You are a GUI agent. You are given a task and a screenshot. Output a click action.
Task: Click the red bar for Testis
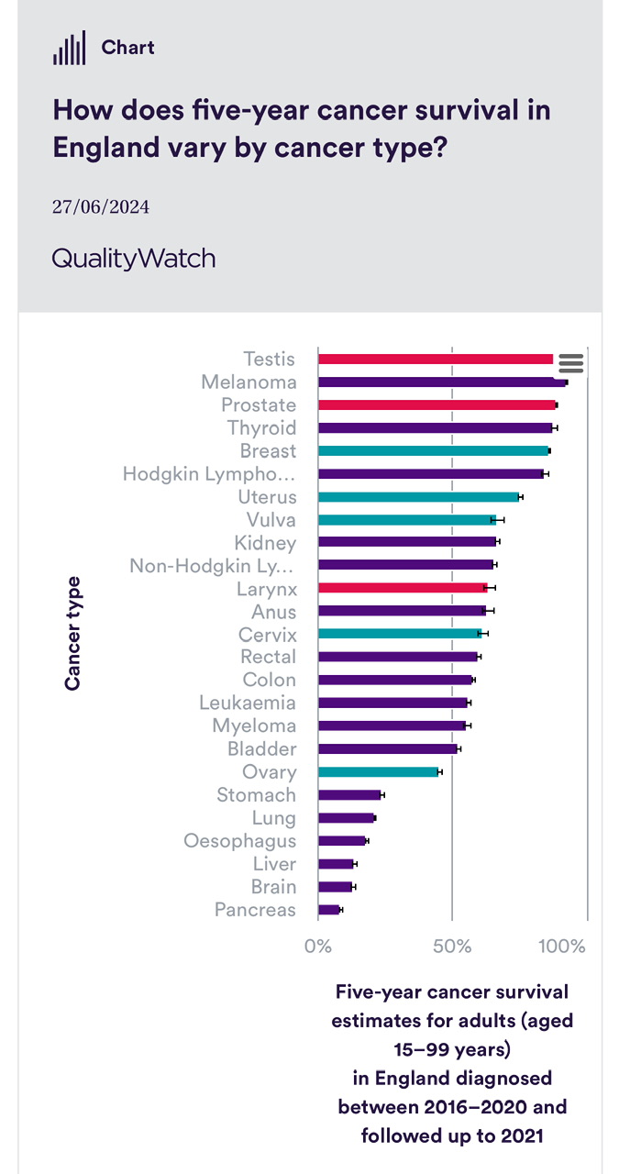436,360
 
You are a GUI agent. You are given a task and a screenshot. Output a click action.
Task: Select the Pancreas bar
329,910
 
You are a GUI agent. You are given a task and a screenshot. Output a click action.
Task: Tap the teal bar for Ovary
378,772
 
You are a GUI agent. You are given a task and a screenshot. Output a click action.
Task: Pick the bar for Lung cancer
346,818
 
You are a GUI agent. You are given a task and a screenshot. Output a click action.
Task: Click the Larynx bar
403,588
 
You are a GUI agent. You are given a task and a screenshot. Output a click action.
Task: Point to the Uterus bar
418,497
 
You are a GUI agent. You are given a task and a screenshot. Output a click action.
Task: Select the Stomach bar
348,795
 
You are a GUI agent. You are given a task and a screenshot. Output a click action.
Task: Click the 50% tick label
452,947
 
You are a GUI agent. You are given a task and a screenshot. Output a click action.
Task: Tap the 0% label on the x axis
317,947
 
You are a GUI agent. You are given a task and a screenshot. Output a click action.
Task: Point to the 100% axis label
561,947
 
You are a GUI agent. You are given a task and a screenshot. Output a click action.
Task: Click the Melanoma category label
249,382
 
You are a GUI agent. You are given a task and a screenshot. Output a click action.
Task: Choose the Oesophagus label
239,841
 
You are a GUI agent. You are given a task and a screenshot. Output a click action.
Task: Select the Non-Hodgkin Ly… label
213,566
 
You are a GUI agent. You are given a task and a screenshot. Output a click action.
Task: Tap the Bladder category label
261,749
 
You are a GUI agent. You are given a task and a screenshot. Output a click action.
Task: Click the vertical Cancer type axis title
72,633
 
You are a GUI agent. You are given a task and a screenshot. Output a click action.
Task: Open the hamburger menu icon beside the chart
570,363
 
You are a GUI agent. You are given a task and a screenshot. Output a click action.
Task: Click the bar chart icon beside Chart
69,48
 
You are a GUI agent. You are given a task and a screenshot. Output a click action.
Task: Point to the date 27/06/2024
101,207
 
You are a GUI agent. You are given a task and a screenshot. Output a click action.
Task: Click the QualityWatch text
134,259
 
